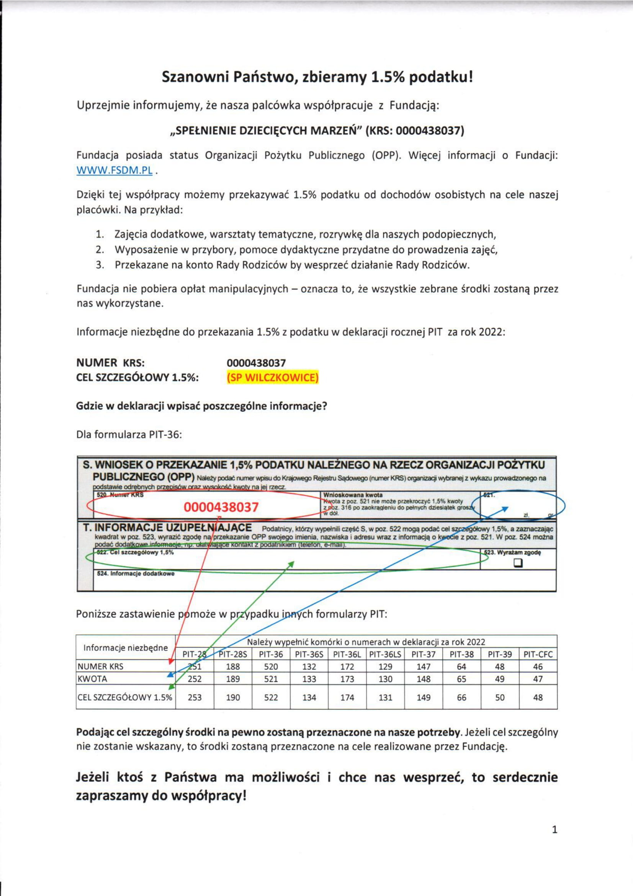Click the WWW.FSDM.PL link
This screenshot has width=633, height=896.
click(x=114, y=170)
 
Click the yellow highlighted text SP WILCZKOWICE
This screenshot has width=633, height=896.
click(x=273, y=378)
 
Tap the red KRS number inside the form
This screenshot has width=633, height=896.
click(x=221, y=507)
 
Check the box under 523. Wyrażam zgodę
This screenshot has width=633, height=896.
click(x=518, y=563)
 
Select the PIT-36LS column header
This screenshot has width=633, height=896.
click(x=385, y=654)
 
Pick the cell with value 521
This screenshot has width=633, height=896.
click(x=271, y=679)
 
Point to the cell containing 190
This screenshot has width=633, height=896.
click(x=233, y=697)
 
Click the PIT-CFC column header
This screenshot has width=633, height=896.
click(x=538, y=654)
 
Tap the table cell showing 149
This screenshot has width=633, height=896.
click(x=424, y=697)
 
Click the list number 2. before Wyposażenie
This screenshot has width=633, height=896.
click(x=100, y=249)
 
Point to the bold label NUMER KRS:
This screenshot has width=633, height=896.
click(x=110, y=362)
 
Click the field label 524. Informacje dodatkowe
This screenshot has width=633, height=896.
click(x=136, y=574)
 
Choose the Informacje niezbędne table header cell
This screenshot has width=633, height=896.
click(x=126, y=648)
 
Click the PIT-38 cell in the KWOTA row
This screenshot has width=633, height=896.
click(x=461, y=679)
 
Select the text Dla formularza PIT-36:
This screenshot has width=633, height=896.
click(x=129, y=434)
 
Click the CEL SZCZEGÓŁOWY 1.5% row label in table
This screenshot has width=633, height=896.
click(x=125, y=697)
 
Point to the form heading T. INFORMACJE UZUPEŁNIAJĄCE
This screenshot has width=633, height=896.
click(x=167, y=527)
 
